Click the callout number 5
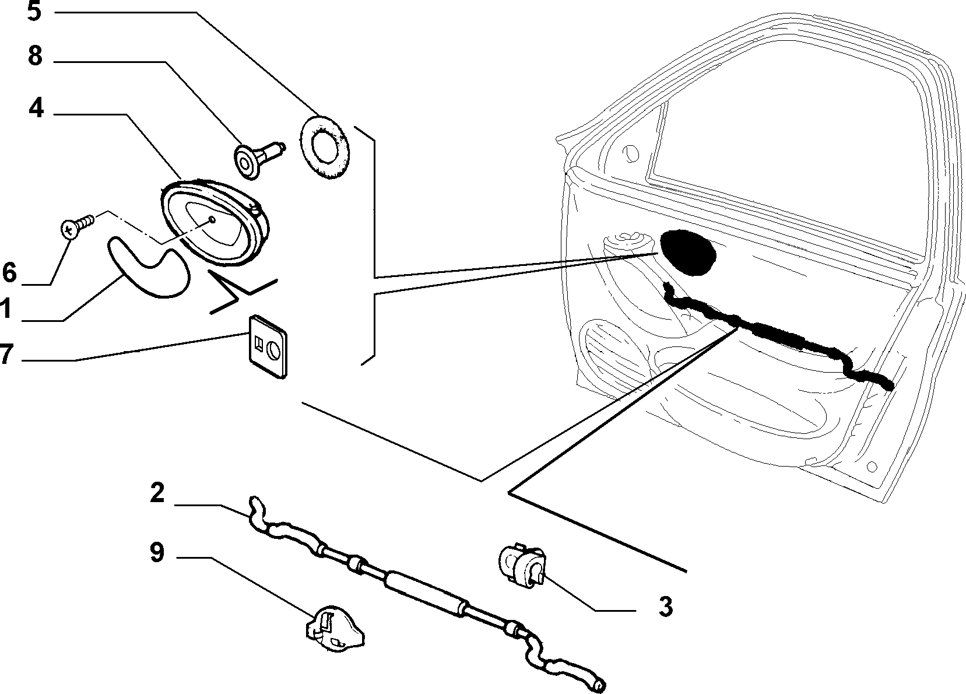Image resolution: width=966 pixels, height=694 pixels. (34, 12)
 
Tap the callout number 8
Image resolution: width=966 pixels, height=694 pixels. (36, 56)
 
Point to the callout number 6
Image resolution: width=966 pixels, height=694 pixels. (9, 272)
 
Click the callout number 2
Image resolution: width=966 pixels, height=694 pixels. (157, 493)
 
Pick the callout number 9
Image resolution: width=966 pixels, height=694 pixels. (157, 552)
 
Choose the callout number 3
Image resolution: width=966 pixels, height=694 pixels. (666, 607)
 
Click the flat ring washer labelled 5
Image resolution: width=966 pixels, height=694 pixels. (325, 146)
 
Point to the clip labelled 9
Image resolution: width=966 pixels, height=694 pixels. (335, 628)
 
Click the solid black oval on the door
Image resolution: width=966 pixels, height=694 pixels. (687, 253)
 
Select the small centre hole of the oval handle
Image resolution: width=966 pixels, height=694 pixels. (212, 219)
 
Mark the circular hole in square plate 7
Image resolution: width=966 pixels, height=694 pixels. (274, 349)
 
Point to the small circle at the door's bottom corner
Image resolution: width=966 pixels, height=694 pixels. (872, 467)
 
